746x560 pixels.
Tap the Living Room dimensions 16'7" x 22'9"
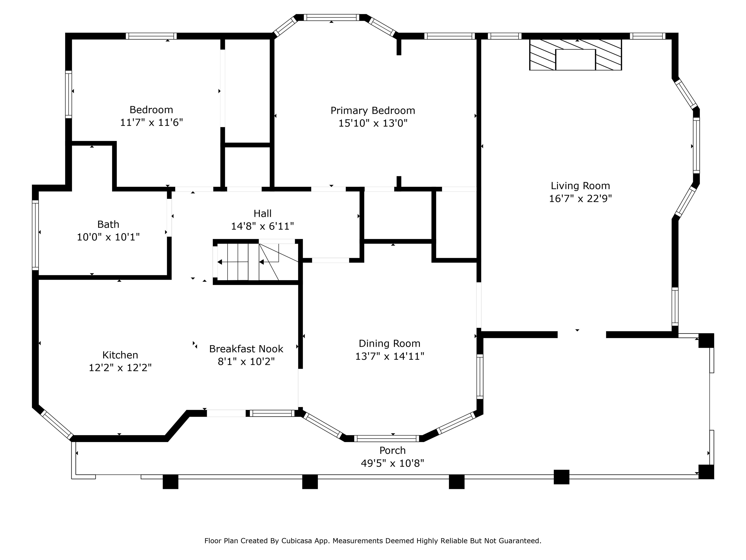click(580, 199)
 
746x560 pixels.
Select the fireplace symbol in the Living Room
click(575, 55)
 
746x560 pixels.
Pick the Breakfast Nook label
click(246, 349)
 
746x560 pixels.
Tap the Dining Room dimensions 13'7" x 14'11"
click(390, 356)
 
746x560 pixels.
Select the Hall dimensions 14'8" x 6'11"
click(262, 226)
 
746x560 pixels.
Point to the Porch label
click(393, 450)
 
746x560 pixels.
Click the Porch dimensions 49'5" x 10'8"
click(393, 463)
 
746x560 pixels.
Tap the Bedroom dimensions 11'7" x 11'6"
click(152, 122)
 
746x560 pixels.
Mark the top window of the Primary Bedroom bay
click(331, 17)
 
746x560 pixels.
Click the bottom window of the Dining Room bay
click(387, 438)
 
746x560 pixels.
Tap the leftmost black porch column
click(170, 482)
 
